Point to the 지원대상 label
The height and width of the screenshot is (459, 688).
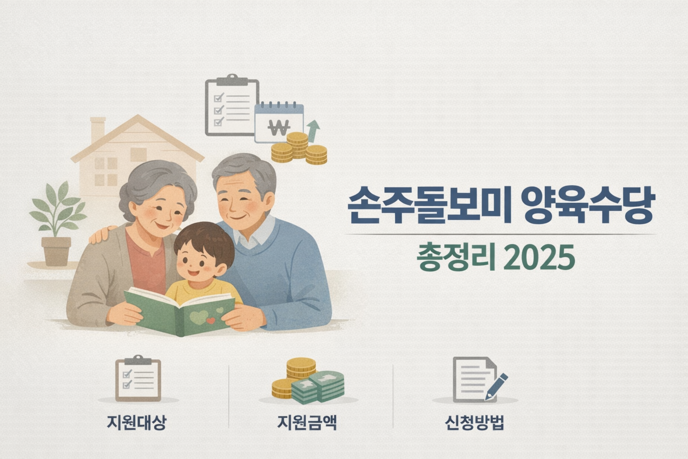coord(137,422)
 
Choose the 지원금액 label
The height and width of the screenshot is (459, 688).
coord(307,422)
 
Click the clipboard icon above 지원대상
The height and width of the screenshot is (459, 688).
coord(138,379)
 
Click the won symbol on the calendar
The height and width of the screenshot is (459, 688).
coord(279,128)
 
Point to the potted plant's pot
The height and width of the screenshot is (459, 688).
coord(56,251)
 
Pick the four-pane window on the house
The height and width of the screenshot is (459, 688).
coord(106,171)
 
